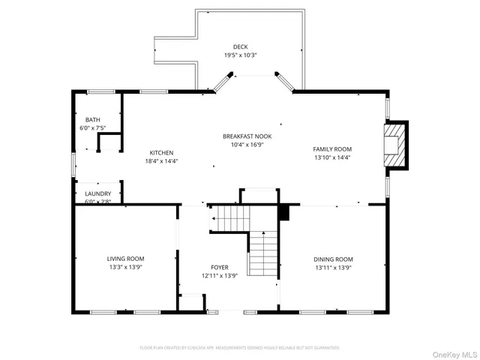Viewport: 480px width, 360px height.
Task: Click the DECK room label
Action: [240, 46]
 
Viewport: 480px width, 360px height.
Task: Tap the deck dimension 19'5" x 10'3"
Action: [240, 55]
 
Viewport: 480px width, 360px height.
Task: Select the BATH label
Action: [92, 119]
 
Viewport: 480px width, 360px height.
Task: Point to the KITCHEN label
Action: [161, 152]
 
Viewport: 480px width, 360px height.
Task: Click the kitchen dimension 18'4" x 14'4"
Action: [161, 160]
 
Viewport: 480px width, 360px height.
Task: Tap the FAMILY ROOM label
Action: [331, 149]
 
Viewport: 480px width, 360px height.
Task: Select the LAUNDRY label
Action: [97, 193]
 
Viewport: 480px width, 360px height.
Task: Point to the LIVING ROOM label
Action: [125, 258]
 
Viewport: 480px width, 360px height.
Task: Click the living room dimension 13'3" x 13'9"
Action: [125, 267]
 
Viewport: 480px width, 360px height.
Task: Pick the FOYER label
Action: [219, 267]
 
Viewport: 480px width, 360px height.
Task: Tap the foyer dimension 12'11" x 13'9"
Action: [219, 275]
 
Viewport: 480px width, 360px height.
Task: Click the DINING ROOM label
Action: [333, 259]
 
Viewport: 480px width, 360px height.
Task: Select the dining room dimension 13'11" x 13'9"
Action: [333, 267]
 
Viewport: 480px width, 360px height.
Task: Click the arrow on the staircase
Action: [214, 218]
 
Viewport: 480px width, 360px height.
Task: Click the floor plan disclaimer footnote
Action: [240, 347]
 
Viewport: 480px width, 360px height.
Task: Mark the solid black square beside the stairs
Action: [283, 213]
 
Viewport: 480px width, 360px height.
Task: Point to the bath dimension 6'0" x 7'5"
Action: [92, 127]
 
